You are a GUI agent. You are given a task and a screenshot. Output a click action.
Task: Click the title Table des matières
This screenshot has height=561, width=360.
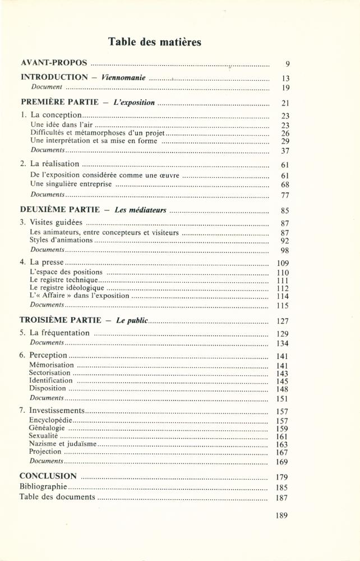[154, 42]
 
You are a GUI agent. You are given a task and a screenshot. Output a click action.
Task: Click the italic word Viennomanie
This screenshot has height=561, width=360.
[124, 77]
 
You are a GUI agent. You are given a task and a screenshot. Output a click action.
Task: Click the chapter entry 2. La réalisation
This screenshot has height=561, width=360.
[49, 164]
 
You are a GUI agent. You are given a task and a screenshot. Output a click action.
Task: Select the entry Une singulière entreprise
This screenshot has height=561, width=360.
[71, 183]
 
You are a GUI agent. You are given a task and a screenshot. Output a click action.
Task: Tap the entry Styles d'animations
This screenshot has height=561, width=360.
[62, 240]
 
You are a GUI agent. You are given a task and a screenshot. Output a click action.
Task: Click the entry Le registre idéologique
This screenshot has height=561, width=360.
[67, 288]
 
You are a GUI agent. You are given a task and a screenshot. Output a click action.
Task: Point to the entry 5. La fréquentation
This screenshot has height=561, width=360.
[54, 333]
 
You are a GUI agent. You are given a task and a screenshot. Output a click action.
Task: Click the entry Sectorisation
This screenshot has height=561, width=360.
[50, 373]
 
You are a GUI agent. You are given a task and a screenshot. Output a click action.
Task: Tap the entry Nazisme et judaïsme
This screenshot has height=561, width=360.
[63, 444]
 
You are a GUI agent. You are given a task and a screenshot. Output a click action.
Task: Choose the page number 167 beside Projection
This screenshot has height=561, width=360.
[282, 453]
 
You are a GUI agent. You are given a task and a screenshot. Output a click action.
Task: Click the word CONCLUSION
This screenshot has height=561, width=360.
[48, 476]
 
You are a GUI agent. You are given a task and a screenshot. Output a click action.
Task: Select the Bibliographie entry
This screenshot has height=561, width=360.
[43, 486]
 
